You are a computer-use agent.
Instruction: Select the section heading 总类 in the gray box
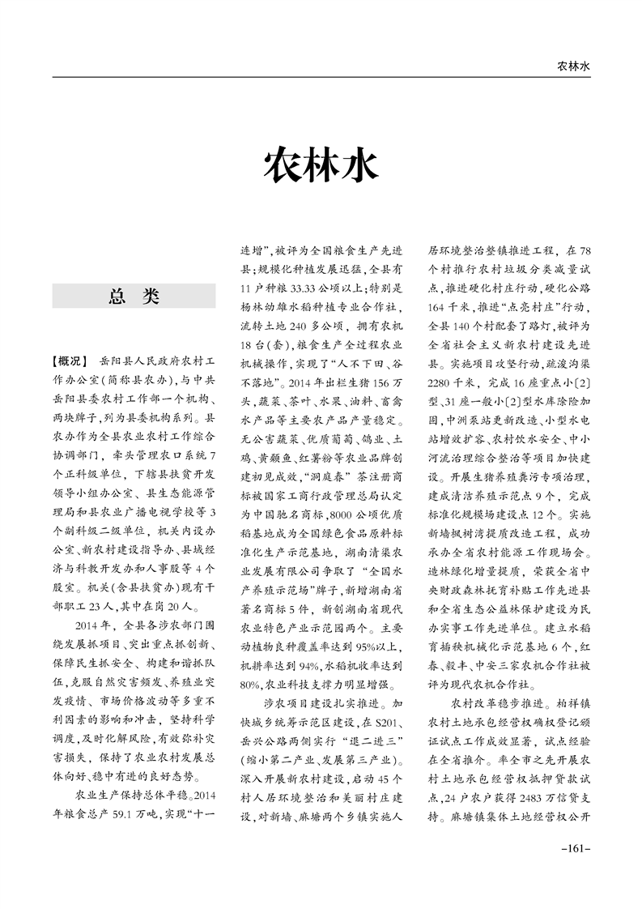[x=134, y=297]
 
